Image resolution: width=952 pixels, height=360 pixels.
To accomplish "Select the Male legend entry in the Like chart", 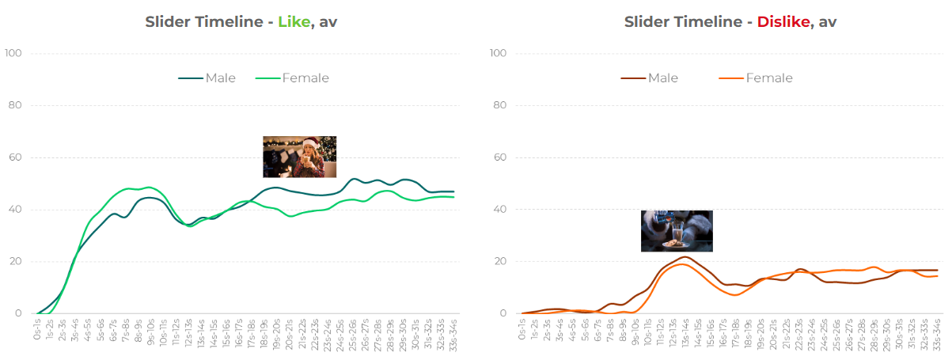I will pyautogui.click(x=214, y=78).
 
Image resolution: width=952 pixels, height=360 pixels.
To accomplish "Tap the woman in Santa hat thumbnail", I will pyautogui.click(x=300, y=157).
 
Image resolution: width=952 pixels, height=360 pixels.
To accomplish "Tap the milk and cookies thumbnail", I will pyautogui.click(x=677, y=231).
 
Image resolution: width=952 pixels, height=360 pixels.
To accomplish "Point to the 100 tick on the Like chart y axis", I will pyautogui.click(x=13, y=53).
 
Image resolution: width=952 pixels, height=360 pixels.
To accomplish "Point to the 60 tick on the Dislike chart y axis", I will pyautogui.click(x=499, y=157).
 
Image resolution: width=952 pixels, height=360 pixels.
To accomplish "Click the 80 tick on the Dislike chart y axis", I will pyautogui.click(x=499, y=105).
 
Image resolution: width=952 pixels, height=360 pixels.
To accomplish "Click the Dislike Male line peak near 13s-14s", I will pyautogui.click(x=684, y=256).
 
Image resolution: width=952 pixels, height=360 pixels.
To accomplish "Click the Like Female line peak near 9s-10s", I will pyautogui.click(x=148, y=187).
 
